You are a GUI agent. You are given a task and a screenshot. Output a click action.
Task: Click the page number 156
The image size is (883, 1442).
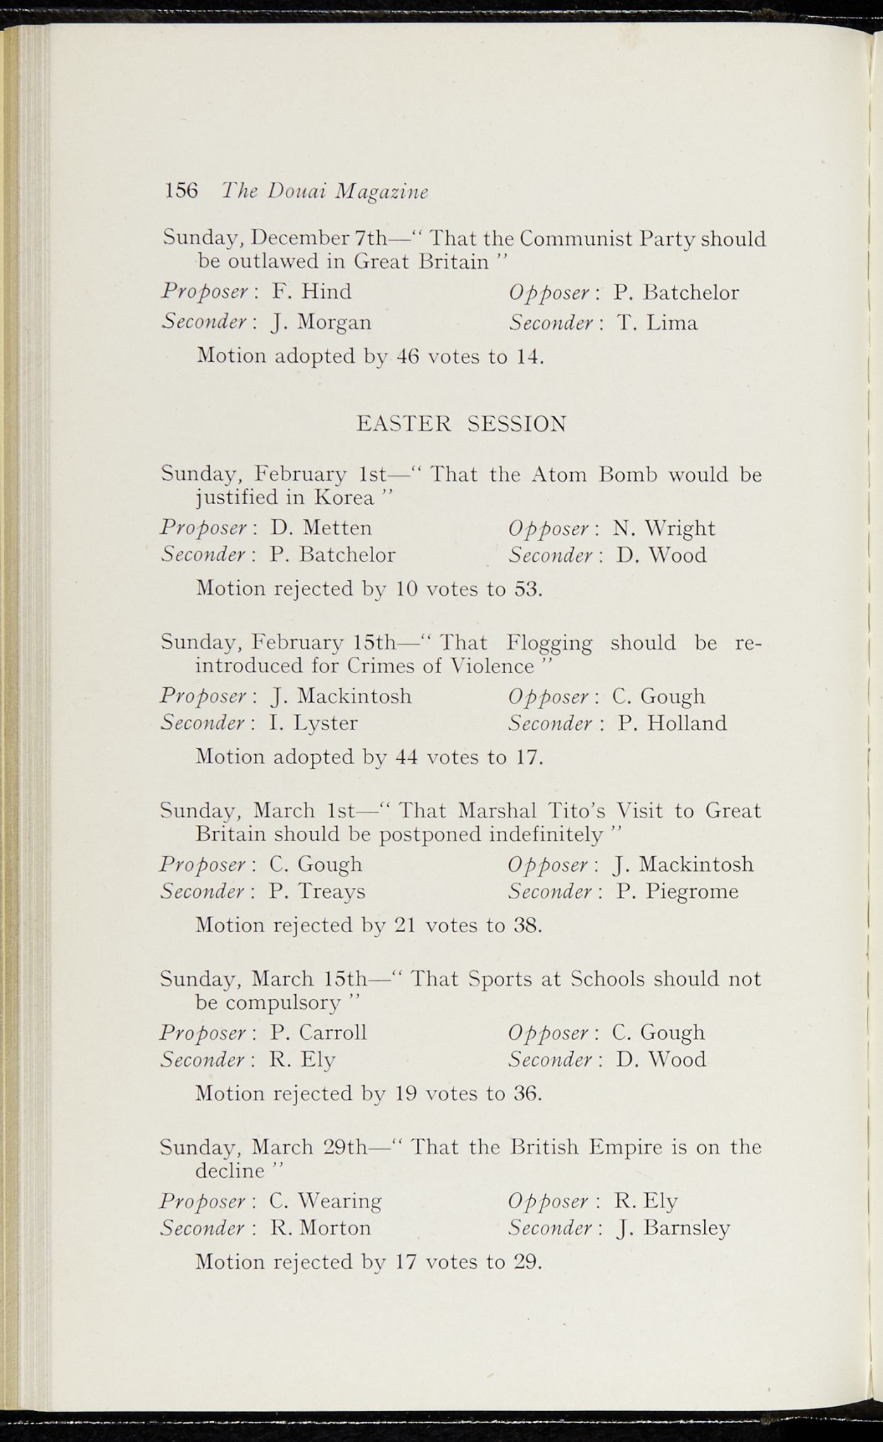coord(181,190)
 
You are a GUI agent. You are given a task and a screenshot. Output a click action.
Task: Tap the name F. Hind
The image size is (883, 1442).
coord(311,291)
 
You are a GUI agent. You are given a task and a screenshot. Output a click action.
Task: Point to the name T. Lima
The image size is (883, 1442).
coord(657,323)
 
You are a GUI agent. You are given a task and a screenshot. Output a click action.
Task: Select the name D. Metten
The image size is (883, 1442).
coord(321,527)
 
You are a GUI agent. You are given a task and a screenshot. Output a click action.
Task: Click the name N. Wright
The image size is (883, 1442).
coord(663,527)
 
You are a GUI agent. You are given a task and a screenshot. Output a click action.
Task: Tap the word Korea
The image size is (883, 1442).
coord(344,498)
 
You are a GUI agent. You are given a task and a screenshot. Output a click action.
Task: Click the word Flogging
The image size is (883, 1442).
coord(550,643)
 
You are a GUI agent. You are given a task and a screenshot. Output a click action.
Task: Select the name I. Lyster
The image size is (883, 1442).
coord(313,723)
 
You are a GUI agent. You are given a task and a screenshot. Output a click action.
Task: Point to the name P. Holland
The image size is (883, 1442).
coord(672,723)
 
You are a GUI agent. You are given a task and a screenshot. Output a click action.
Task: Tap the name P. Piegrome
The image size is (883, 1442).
coord(677,891)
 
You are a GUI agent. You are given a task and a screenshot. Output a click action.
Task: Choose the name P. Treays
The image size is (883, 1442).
coord(317,891)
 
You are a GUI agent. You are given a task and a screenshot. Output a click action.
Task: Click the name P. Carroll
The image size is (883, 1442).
coord(318,1032)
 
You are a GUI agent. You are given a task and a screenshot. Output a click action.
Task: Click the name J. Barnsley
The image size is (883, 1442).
coord(672,1228)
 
